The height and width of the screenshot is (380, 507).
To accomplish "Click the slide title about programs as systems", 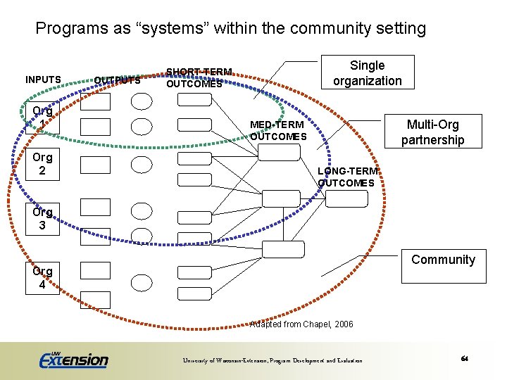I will [230, 29].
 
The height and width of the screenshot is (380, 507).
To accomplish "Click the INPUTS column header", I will [43, 80].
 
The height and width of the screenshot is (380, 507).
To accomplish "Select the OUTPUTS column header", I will [118, 80].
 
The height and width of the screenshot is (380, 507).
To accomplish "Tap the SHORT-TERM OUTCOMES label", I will [199, 77].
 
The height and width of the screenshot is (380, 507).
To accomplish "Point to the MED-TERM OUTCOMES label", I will [278, 130].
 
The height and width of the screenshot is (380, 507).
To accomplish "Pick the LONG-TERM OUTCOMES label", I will [347, 177].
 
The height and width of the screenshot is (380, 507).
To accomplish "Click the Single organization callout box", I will [367, 72].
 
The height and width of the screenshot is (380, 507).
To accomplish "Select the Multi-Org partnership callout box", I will [432, 132].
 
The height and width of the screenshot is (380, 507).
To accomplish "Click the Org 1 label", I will [42, 117].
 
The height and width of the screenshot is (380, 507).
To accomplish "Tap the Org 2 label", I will [42, 163].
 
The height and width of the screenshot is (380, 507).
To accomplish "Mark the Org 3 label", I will [42, 218].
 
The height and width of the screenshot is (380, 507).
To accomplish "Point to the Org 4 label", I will [42, 278].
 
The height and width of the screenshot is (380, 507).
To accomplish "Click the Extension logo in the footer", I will [73, 360].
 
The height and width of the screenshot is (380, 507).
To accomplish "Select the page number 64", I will [465, 359].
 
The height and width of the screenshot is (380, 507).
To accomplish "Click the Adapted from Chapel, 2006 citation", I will [301, 324].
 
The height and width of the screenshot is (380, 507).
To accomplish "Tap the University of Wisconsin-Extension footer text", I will [273, 360].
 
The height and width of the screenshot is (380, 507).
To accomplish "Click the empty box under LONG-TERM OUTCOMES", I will [346, 199].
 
